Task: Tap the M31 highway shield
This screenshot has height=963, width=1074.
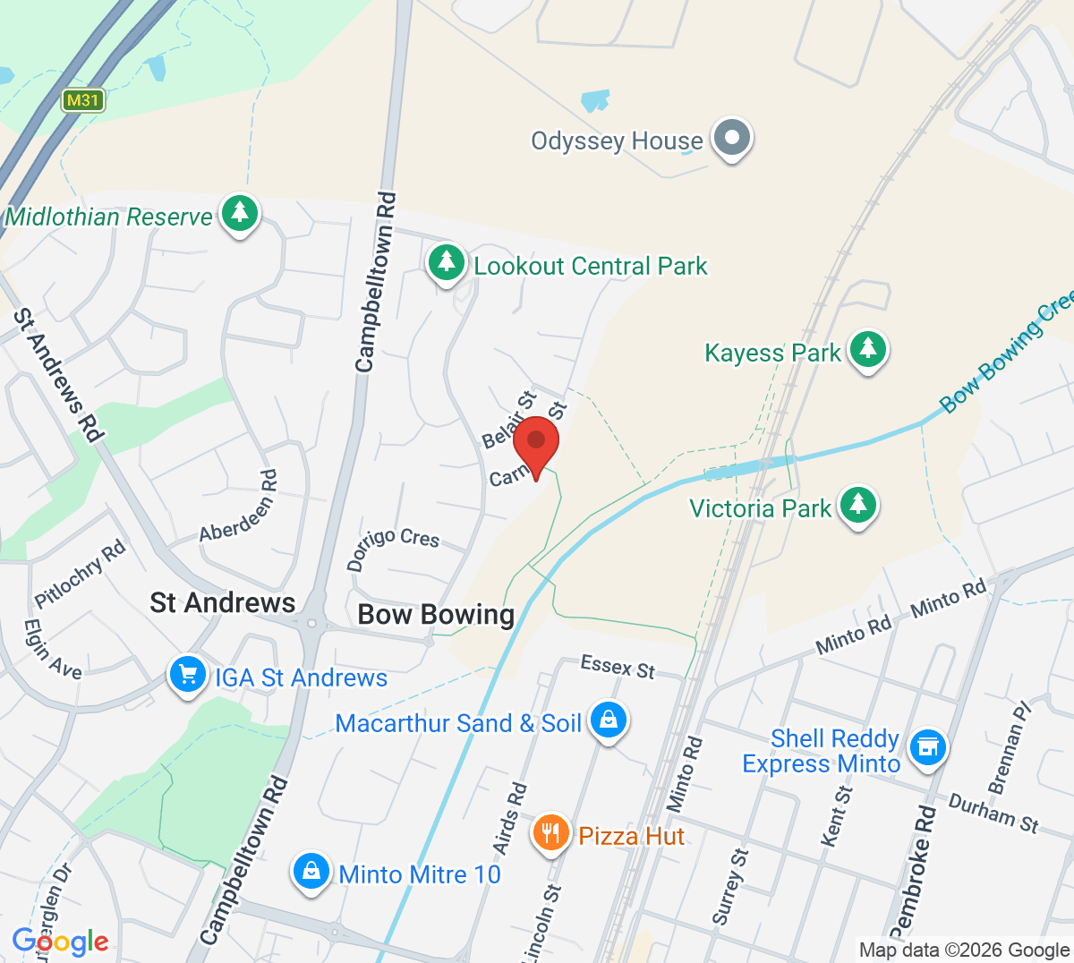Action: pyautogui.click(x=83, y=100)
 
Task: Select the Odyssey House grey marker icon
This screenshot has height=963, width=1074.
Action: pyautogui.click(x=733, y=140)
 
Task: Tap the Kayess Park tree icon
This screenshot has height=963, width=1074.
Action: pyautogui.click(x=866, y=350)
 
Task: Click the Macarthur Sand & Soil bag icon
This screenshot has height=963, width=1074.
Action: pyautogui.click(x=609, y=720)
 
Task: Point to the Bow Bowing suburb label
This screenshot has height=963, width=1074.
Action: pyautogui.click(x=436, y=615)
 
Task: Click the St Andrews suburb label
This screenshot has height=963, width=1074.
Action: pyautogui.click(x=223, y=603)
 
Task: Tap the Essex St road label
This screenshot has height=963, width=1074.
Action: pyautogui.click(x=618, y=667)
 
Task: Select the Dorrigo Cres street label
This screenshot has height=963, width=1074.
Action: pyautogui.click(x=393, y=547)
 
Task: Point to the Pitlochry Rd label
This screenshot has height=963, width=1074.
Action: pyautogui.click(x=81, y=574)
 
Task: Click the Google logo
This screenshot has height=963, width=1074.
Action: pyautogui.click(x=60, y=942)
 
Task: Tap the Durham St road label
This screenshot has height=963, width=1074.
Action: pyautogui.click(x=993, y=812)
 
